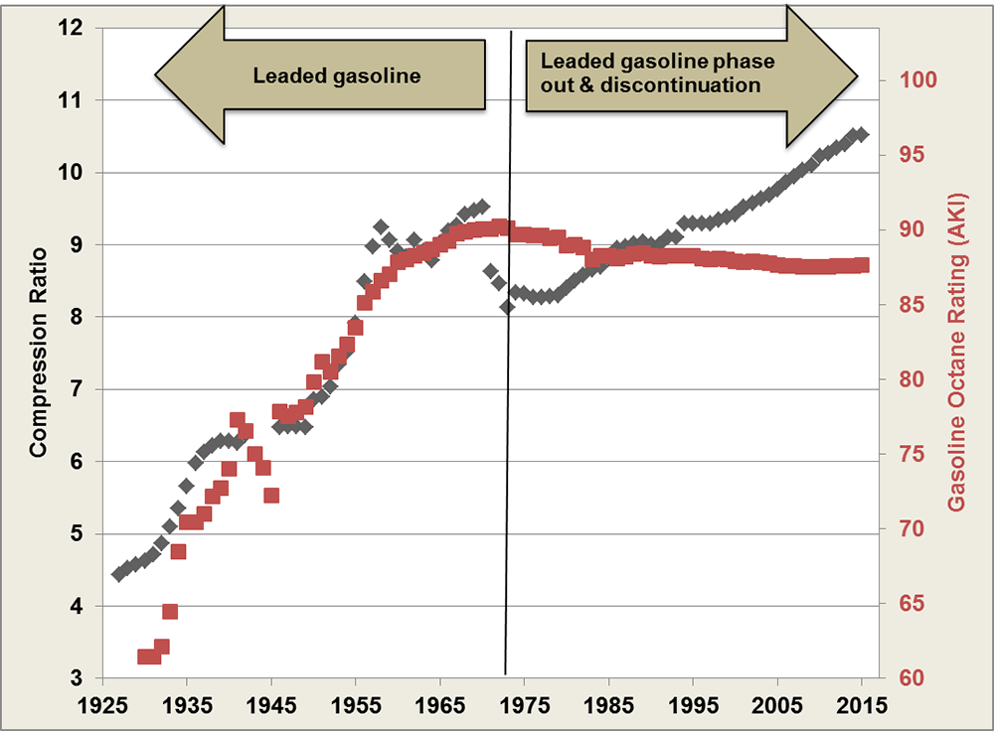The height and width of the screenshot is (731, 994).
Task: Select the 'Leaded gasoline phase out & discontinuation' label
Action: pos(657,73)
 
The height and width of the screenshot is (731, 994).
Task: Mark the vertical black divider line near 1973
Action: pos(508,397)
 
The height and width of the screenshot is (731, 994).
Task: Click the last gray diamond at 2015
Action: pos(862,135)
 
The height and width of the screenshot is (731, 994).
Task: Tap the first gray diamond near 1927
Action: pos(119,574)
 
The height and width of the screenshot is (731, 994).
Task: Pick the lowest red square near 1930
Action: pos(145,657)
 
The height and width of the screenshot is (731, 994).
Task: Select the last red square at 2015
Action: pos(862,265)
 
